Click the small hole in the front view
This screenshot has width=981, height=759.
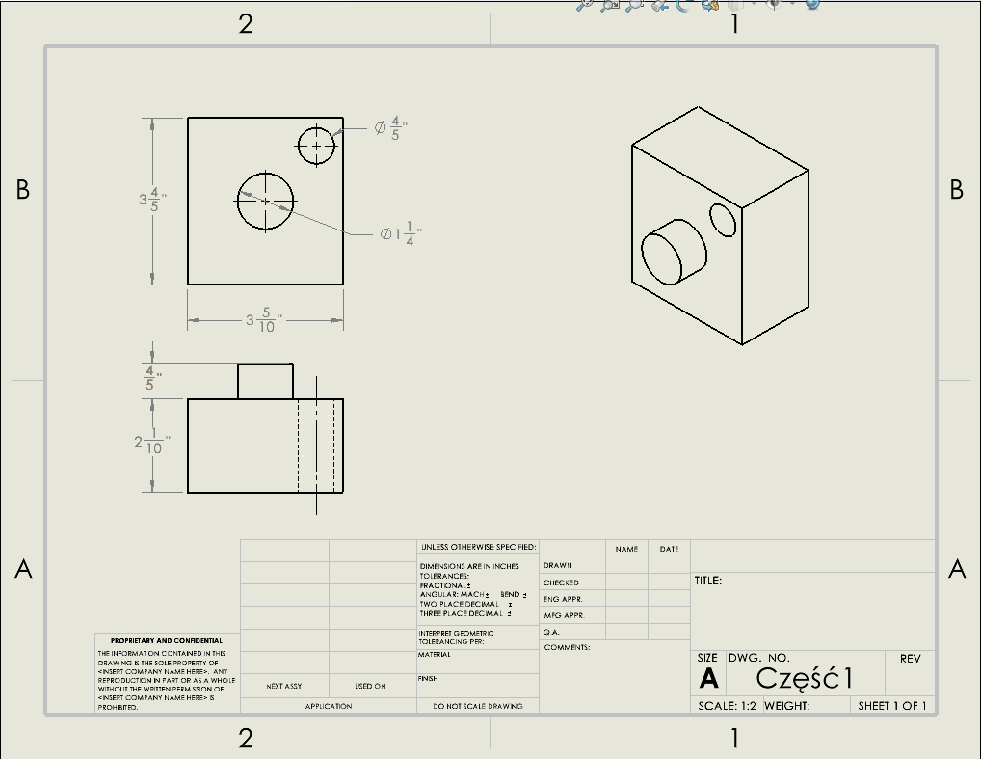316,147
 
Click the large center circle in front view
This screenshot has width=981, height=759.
266,201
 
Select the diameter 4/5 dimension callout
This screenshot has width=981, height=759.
392,129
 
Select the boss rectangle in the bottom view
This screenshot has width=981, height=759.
265,381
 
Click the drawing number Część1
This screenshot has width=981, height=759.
805,678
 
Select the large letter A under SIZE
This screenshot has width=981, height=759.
708,678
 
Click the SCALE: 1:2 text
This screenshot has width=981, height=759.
727,706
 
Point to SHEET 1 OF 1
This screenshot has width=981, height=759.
891,706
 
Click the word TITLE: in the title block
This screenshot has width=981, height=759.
708,582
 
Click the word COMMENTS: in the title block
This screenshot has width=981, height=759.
567,647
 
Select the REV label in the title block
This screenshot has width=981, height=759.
910,659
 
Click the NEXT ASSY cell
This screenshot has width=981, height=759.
284,686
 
